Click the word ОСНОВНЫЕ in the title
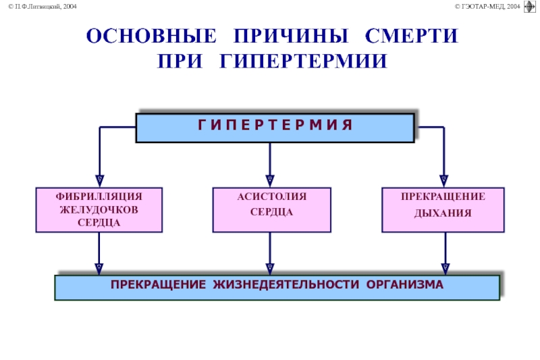pyautogui.click(x=151, y=36)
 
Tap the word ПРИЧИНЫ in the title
pyautogui.click(x=291, y=36)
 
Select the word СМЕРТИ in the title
pyautogui.click(x=412, y=36)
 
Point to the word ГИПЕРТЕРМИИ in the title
pyautogui.click(x=303, y=61)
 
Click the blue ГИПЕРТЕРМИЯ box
pyautogui.click(x=275, y=128)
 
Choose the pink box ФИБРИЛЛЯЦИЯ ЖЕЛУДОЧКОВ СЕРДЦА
pyautogui.click(x=99, y=210)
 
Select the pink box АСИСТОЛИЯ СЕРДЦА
pyautogui.click(x=272, y=210)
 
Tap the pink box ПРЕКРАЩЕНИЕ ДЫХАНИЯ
pyautogui.click(x=443, y=210)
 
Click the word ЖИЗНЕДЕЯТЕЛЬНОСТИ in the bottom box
pyautogui.click(x=286, y=284)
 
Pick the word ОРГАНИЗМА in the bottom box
pyautogui.click(x=404, y=284)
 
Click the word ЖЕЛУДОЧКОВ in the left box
pyautogui.click(x=99, y=209)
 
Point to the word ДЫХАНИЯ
pyautogui.click(x=443, y=213)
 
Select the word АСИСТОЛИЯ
pyautogui.click(x=272, y=197)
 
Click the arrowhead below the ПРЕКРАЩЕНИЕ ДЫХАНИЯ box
pyautogui.click(x=446, y=269)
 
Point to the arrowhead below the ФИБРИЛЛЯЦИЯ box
pyautogui.click(x=99, y=269)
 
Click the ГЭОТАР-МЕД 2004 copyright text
pyautogui.click(x=487, y=6)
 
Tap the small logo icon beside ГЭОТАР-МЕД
pyautogui.click(x=530, y=7)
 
